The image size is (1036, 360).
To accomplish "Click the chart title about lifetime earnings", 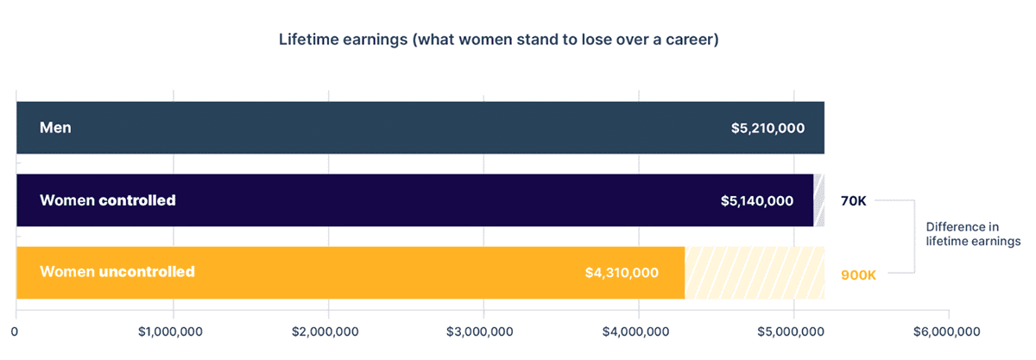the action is click(499, 40).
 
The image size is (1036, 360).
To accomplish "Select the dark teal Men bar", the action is click(420, 128).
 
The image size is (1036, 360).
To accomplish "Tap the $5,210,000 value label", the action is click(768, 128).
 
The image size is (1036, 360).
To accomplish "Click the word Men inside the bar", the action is click(55, 127).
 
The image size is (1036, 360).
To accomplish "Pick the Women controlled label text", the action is click(108, 200).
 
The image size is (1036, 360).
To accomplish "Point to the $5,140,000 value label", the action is click(757, 201).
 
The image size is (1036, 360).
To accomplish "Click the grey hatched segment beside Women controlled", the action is click(819, 200).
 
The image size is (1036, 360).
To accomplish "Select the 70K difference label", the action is click(853, 201).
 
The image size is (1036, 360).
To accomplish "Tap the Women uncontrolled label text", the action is click(117, 272).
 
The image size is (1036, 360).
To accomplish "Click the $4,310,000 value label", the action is click(622, 273).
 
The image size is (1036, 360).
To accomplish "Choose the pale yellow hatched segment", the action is click(755, 273).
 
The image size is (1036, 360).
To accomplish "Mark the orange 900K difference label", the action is click(858, 275).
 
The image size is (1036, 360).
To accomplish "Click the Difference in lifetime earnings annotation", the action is click(973, 234).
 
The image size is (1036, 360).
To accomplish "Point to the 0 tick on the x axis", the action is click(15, 332).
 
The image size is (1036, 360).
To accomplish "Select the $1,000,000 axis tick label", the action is click(170, 332).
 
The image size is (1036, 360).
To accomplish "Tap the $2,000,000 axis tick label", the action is click(325, 332).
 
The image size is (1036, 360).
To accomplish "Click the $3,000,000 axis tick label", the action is click(480, 332).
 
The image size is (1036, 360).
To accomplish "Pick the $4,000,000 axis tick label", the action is click(635, 332).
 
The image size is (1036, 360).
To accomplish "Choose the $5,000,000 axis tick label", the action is click(791, 332).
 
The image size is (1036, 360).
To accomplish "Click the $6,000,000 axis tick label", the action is click(947, 332).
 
